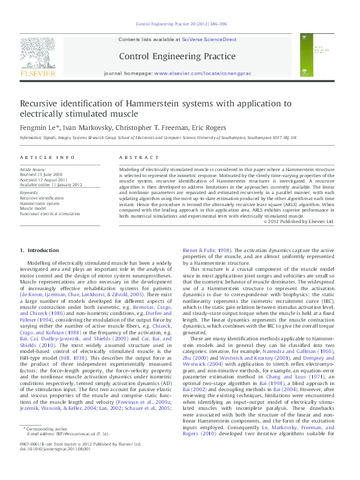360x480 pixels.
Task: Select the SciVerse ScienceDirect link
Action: click(x=211, y=39)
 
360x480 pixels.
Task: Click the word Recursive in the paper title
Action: click(x=42, y=104)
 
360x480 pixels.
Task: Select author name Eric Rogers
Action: click(x=194, y=128)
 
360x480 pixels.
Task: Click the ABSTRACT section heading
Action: click(x=136, y=157)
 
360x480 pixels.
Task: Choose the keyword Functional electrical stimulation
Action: click(x=50, y=213)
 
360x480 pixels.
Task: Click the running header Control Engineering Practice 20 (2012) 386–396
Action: click(x=179, y=25)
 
